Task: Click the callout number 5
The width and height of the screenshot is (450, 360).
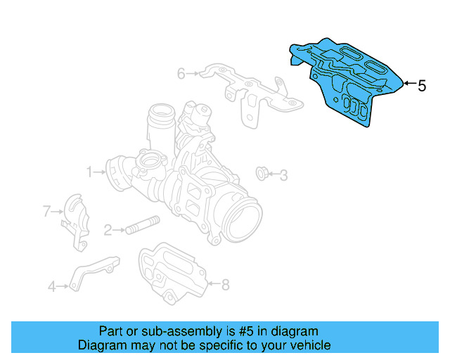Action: coord(422,86)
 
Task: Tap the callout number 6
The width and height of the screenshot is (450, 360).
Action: coord(181,73)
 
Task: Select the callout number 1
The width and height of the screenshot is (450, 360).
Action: coord(89,171)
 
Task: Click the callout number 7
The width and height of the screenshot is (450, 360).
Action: coord(47,210)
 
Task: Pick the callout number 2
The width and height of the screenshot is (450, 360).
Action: coord(108,230)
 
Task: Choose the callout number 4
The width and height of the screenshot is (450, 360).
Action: coord(51,286)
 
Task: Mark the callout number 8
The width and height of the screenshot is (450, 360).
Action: coord(225,285)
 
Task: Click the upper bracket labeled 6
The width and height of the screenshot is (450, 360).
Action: coord(246,91)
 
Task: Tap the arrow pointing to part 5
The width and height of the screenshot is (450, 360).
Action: coord(409,85)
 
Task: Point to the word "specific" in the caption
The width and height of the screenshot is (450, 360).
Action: coord(215,345)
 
